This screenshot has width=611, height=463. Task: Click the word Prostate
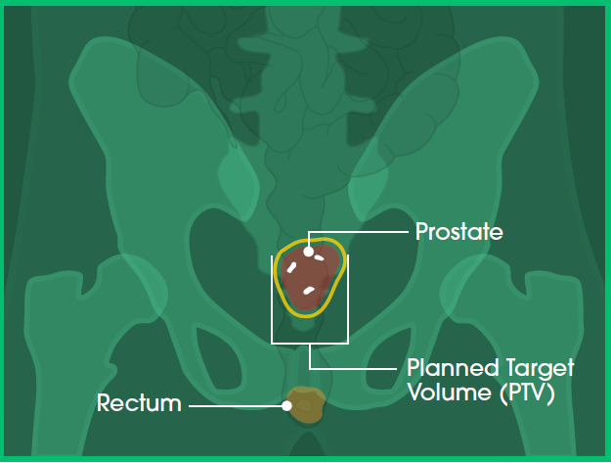pyautogui.click(x=459, y=232)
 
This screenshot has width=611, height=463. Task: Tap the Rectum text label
pyautogui.click(x=139, y=403)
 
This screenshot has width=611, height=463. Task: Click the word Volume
pyautogui.click(x=450, y=392)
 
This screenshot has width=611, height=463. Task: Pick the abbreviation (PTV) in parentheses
pyautogui.click(x=527, y=394)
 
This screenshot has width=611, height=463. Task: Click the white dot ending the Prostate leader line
pyautogui.click(x=308, y=252)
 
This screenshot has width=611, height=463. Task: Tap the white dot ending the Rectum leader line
pyautogui.click(x=286, y=406)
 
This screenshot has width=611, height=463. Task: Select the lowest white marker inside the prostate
pyautogui.click(x=309, y=291)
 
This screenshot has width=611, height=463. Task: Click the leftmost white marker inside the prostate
pyautogui.click(x=291, y=267)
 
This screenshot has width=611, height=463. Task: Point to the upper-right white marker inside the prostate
pyautogui.click(x=319, y=257)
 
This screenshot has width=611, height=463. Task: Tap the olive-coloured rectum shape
pyautogui.click(x=306, y=405)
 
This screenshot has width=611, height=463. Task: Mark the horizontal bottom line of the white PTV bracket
pyautogui.click(x=310, y=344)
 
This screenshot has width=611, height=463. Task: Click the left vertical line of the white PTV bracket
pyautogui.click(x=272, y=300)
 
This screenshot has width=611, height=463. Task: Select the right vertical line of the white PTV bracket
pyautogui.click(x=348, y=300)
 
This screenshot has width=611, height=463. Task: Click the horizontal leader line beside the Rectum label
pyautogui.click(x=236, y=406)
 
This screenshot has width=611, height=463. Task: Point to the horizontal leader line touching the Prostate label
pyautogui.click(x=359, y=232)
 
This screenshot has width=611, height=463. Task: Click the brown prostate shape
pyautogui.click(x=310, y=275)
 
